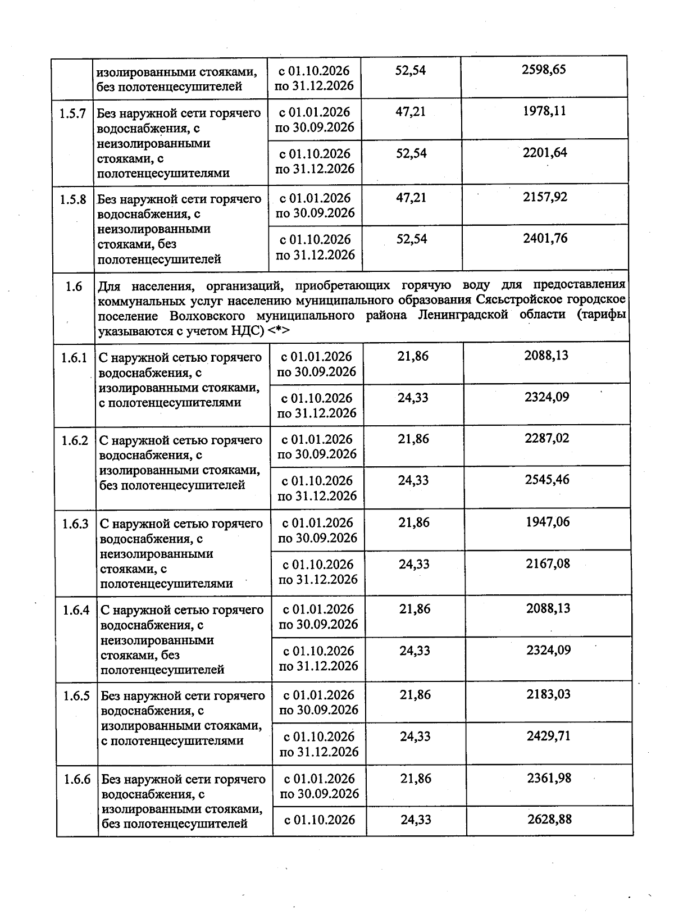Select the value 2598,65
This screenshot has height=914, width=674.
[543, 70]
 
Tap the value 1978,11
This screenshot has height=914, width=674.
[544, 111]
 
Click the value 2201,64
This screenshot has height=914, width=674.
[544, 152]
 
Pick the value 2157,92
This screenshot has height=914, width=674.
[545, 197]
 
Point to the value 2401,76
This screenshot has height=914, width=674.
[545, 238]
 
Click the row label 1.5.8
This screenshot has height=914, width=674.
[73, 199]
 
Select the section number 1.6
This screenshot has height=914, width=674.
[74, 287]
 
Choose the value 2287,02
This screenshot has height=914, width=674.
[547, 438]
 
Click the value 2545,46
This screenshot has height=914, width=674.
[547, 480]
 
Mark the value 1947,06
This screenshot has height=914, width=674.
[548, 522]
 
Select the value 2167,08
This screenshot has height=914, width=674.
[548, 563]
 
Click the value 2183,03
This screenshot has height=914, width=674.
[548, 694]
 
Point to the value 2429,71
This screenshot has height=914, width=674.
[548, 736]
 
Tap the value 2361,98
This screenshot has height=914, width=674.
[549, 778]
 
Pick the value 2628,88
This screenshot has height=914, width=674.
[549, 819]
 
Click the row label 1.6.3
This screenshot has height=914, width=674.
[75, 524]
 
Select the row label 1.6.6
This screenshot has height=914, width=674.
[77, 780]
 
